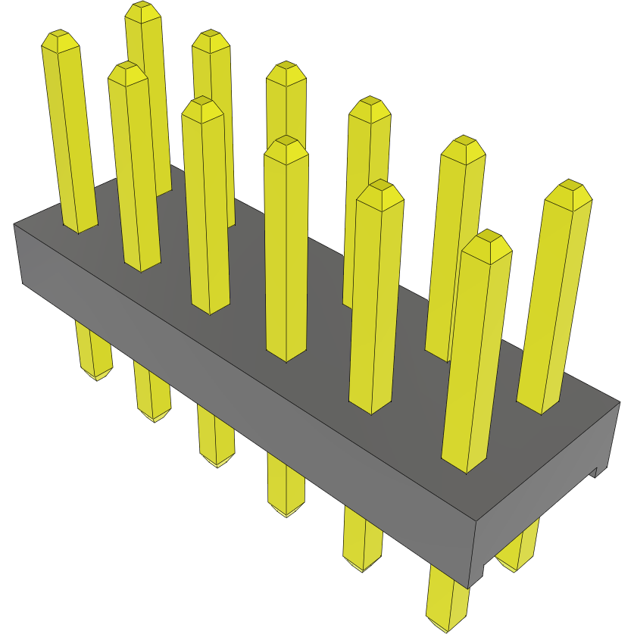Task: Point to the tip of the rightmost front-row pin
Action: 486,240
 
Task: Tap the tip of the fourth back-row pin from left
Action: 369,106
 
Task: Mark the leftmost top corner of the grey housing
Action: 15,225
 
